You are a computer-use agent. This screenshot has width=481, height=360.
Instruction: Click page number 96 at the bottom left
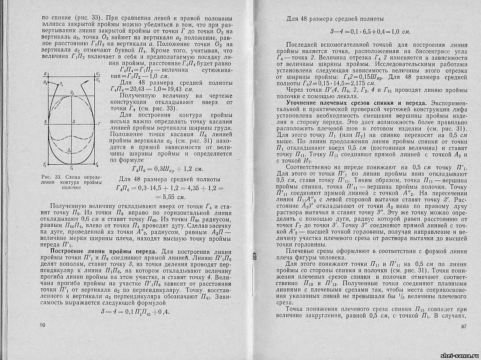point(43,325)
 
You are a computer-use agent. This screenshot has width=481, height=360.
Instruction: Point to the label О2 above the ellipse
point(72,93)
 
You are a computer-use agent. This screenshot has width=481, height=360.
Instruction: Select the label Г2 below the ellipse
point(71,167)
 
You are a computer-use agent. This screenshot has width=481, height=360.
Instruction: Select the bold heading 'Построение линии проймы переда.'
point(105,252)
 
